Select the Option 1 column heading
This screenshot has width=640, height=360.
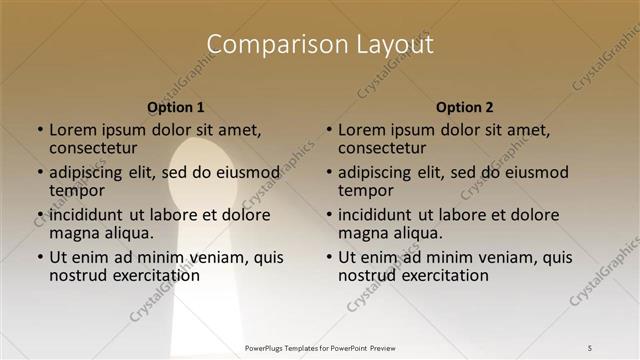click(x=176, y=107)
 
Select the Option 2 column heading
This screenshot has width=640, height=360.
click(x=465, y=107)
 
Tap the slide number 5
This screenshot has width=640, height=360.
click(x=590, y=347)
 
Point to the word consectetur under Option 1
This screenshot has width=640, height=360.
click(x=92, y=148)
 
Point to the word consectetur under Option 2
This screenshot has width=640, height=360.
click(x=381, y=148)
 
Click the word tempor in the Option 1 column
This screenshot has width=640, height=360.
click(x=77, y=190)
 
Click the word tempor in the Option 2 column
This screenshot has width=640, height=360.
click(x=366, y=190)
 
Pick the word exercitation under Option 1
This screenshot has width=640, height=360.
click(x=144, y=275)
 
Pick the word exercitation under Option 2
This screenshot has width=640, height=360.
click(x=433, y=275)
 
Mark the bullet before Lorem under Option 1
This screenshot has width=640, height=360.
click(x=40, y=130)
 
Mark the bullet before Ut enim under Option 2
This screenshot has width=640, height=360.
click(x=329, y=257)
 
